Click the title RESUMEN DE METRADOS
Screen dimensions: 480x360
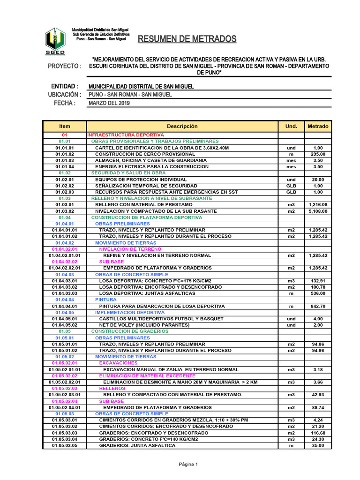[x=187, y=39]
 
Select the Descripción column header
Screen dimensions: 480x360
[x=182, y=127]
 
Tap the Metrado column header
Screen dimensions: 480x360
[x=318, y=127]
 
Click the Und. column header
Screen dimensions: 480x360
[x=291, y=127]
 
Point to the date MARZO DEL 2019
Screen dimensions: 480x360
[x=109, y=103]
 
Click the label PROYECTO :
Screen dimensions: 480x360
[x=65, y=66]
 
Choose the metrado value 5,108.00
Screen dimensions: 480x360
[x=318, y=211]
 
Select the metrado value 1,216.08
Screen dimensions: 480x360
[x=318, y=205]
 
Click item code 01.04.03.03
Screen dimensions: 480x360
[x=65, y=293]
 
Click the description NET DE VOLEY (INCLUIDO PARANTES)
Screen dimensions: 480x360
[x=141, y=325]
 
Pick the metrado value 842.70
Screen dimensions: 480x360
[x=318, y=306]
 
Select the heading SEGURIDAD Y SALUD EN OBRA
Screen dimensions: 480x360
[x=125, y=173]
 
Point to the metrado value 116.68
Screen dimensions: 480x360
[x=318, y=433]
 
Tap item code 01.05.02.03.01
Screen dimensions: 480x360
[x=65, y=395]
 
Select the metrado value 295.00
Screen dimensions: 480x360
[x=318, y=154]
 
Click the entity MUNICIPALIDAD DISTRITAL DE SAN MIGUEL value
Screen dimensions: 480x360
[x=141, y=87]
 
